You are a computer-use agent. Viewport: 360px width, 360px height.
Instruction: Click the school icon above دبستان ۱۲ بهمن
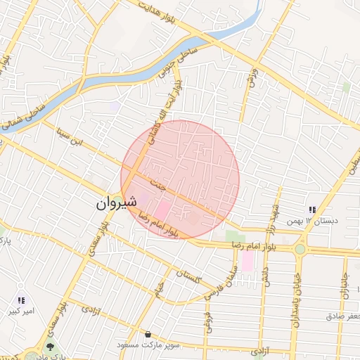(x=312, y=210)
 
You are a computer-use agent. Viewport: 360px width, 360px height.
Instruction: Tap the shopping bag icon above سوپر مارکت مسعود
(x=148, y=335)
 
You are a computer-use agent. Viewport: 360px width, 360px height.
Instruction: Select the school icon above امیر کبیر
(x=21, y=300)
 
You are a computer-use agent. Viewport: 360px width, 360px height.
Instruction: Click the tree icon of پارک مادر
(x=49, y=347)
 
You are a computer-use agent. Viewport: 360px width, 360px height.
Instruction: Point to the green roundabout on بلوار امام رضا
(x=300, y=249)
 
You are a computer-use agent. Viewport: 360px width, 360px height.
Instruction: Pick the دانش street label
(x=265, y=270)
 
